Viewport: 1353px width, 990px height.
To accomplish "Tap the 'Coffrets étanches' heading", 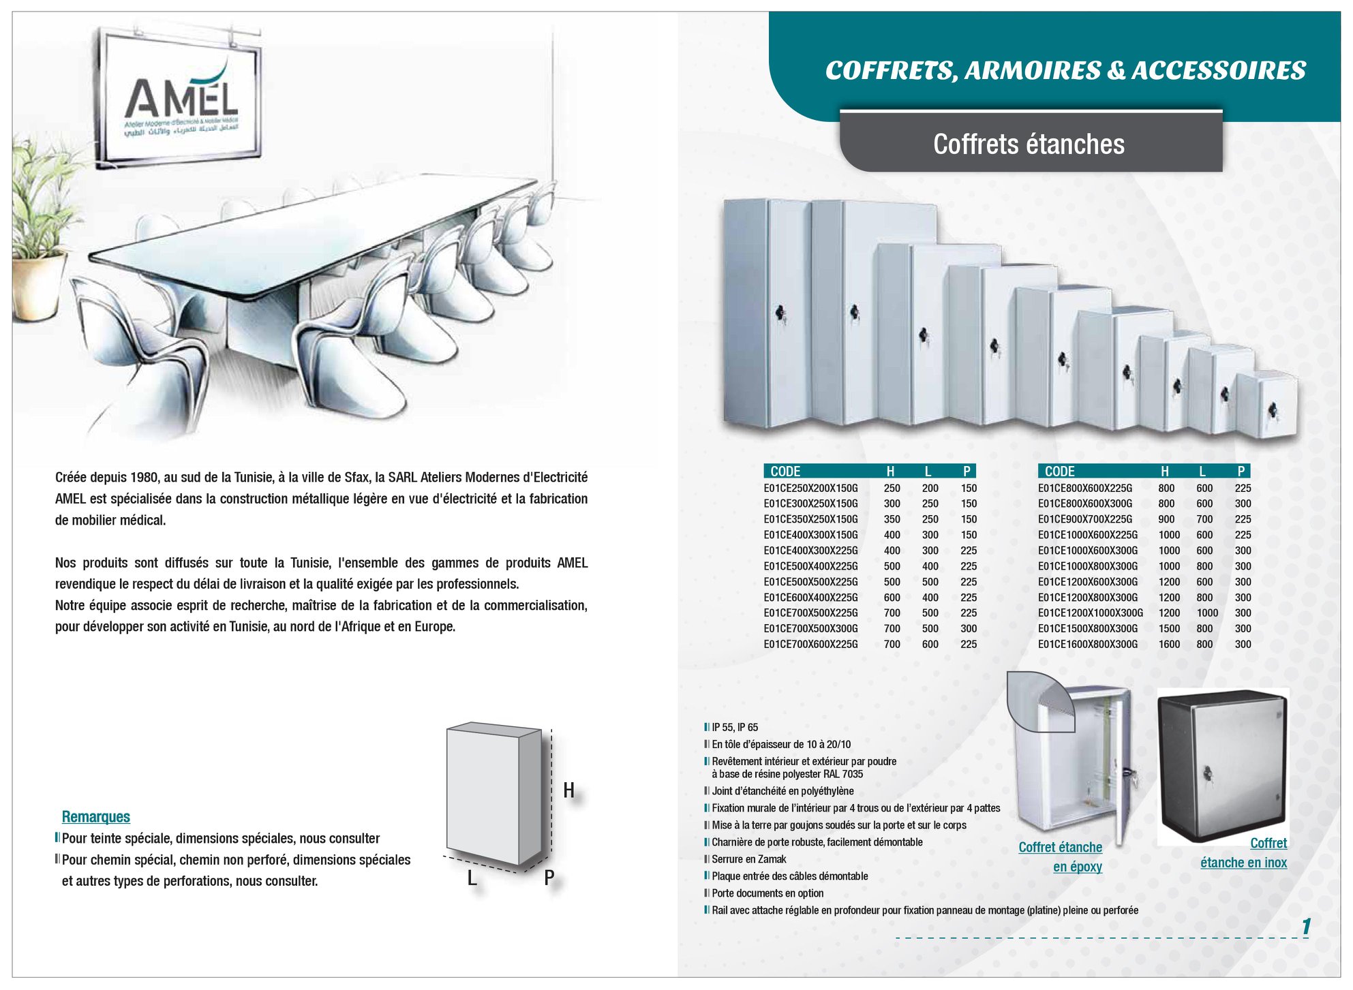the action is [1029, 144].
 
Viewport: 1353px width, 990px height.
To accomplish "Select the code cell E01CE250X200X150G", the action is [810, 489].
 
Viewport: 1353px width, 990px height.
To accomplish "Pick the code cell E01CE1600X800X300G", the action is [1088, 645].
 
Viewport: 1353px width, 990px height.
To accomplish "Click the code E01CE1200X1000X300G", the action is [1091, 613].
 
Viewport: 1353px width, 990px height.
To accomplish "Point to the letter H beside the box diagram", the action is [568, 790].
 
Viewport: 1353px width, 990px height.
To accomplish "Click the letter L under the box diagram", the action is [471, 878].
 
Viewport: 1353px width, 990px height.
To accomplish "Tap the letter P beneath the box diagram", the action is [549, 878].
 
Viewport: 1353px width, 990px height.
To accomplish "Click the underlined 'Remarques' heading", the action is [95, 817].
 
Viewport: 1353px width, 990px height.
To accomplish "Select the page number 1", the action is [1306, 927].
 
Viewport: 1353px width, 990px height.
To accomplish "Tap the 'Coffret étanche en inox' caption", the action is [1244, 853].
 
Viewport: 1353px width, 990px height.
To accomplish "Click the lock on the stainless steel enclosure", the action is [1208, 774].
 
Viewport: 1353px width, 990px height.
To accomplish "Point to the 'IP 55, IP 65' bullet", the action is [735, 728].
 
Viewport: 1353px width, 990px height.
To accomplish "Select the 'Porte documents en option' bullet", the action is [767, 893].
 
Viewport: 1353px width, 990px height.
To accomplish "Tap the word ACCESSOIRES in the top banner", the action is [1219, 70].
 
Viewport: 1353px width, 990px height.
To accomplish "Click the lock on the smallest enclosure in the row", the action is [1272, 410].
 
